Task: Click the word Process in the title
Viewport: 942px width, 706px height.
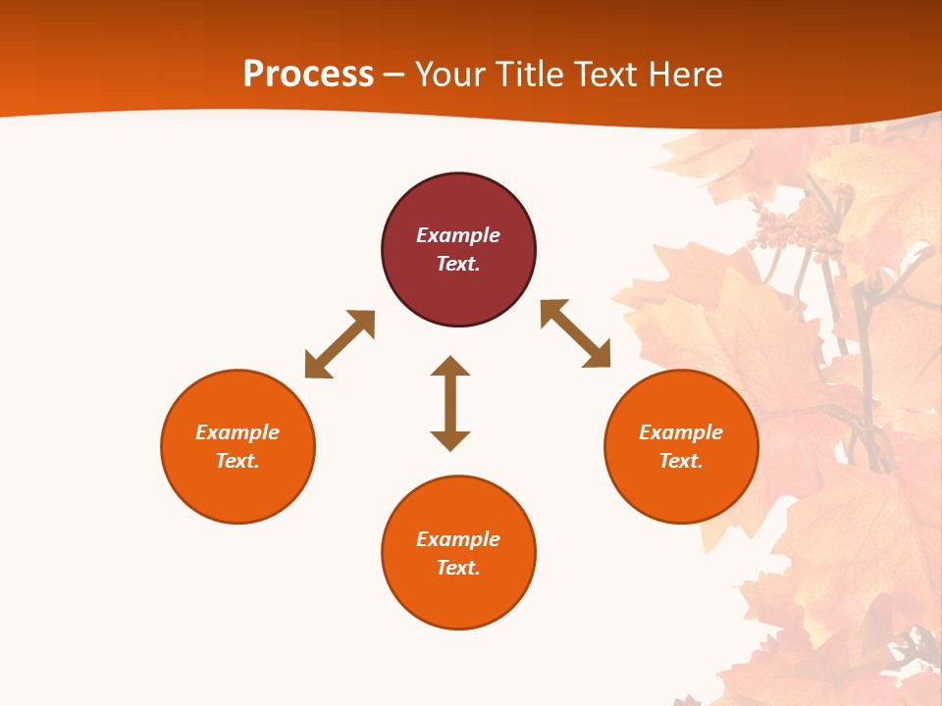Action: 308,75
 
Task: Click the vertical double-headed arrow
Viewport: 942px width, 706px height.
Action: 450,403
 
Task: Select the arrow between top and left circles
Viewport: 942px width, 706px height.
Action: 340,343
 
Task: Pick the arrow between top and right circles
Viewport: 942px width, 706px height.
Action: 576,333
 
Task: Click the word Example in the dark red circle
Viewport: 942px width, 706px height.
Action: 458,235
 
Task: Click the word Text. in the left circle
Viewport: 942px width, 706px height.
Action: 237,461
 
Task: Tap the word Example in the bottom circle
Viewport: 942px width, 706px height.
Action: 458,539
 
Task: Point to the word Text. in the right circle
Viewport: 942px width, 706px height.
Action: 681,461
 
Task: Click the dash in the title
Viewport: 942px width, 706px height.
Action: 394,76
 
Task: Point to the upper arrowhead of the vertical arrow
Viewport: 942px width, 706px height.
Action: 450,367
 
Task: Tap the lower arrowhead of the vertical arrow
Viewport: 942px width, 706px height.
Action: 450,439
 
